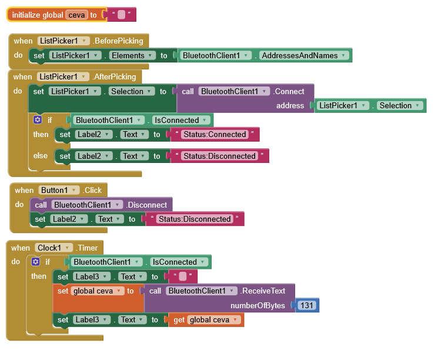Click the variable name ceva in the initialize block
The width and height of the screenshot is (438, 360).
tap(76, 15)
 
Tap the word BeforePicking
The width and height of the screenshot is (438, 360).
tap(118, 41)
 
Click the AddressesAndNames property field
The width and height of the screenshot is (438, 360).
tap(303, 55)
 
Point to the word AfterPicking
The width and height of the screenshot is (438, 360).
tap(114, 76)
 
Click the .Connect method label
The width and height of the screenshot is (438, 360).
tap(289, 91)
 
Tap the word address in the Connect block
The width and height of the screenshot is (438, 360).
tap(290, 106)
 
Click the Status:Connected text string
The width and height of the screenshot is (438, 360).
tap(215, 135)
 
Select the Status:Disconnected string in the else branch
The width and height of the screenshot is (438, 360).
tap(219, 156)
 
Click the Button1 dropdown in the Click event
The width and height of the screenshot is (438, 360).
tap(59, 191)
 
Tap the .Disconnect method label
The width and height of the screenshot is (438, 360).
tap(146, 205)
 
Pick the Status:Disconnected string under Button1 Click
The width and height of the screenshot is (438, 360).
tap(195, 219)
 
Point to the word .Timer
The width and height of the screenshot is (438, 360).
tap(87, 248)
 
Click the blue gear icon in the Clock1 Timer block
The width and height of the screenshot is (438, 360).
tap(35, 262)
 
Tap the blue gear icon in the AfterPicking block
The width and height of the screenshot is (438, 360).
tap(38, 120)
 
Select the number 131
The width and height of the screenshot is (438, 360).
tap(307, 305)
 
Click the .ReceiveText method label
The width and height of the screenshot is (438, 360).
tap(263, 291)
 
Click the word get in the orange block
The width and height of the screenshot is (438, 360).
tap(179, 320)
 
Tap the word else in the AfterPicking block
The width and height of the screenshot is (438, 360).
tap(40, 156)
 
